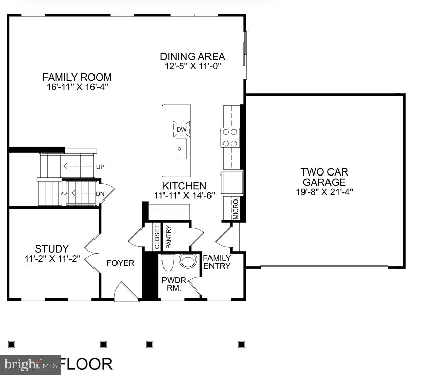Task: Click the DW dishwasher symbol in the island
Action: (x=181, y=129)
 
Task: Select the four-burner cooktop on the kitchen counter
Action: (x=230, y=137)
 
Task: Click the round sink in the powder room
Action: (x=187, y=261)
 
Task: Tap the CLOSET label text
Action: (x=156, y=237)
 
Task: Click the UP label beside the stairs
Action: (x=100, y=167)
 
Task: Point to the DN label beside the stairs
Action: (x=100, y=193)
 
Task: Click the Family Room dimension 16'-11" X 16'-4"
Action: (x=77, y=87)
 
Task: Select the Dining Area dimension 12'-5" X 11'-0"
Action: (x=193, y=66)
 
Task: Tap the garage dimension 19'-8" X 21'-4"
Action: (x=324, y=192)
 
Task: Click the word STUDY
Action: (x=52, y=249)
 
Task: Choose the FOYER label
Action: (x=120, y=263)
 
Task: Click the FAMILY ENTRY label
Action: (x=217, y=262)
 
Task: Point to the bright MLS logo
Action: (x=30, y=365)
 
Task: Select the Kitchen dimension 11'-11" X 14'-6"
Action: (x=184, y=195)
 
